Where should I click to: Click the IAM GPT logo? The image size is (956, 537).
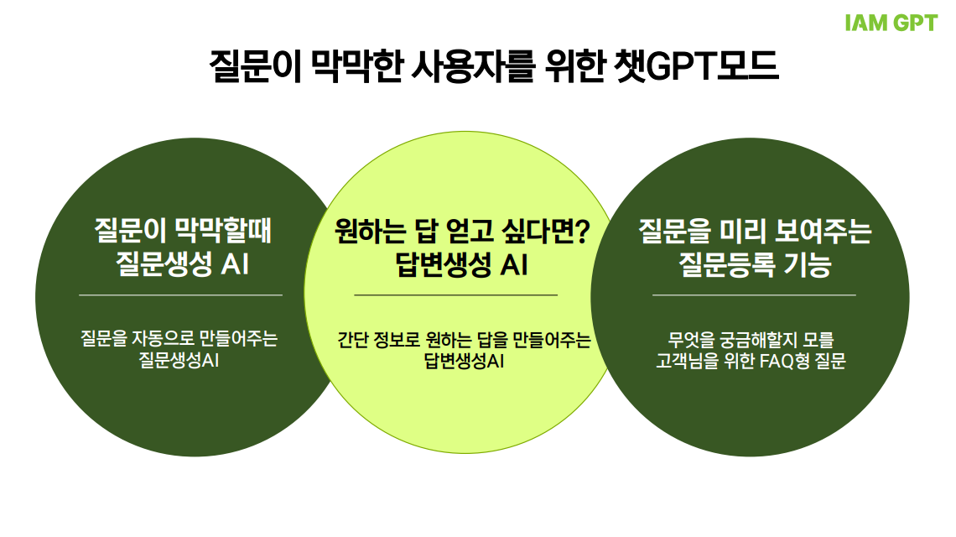(891, 23)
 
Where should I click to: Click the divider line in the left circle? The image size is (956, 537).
(180, 295)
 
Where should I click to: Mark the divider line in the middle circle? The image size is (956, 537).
(455, 295)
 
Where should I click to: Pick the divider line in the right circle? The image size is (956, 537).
(754, 295)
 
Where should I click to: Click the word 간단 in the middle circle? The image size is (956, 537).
(353, 341)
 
